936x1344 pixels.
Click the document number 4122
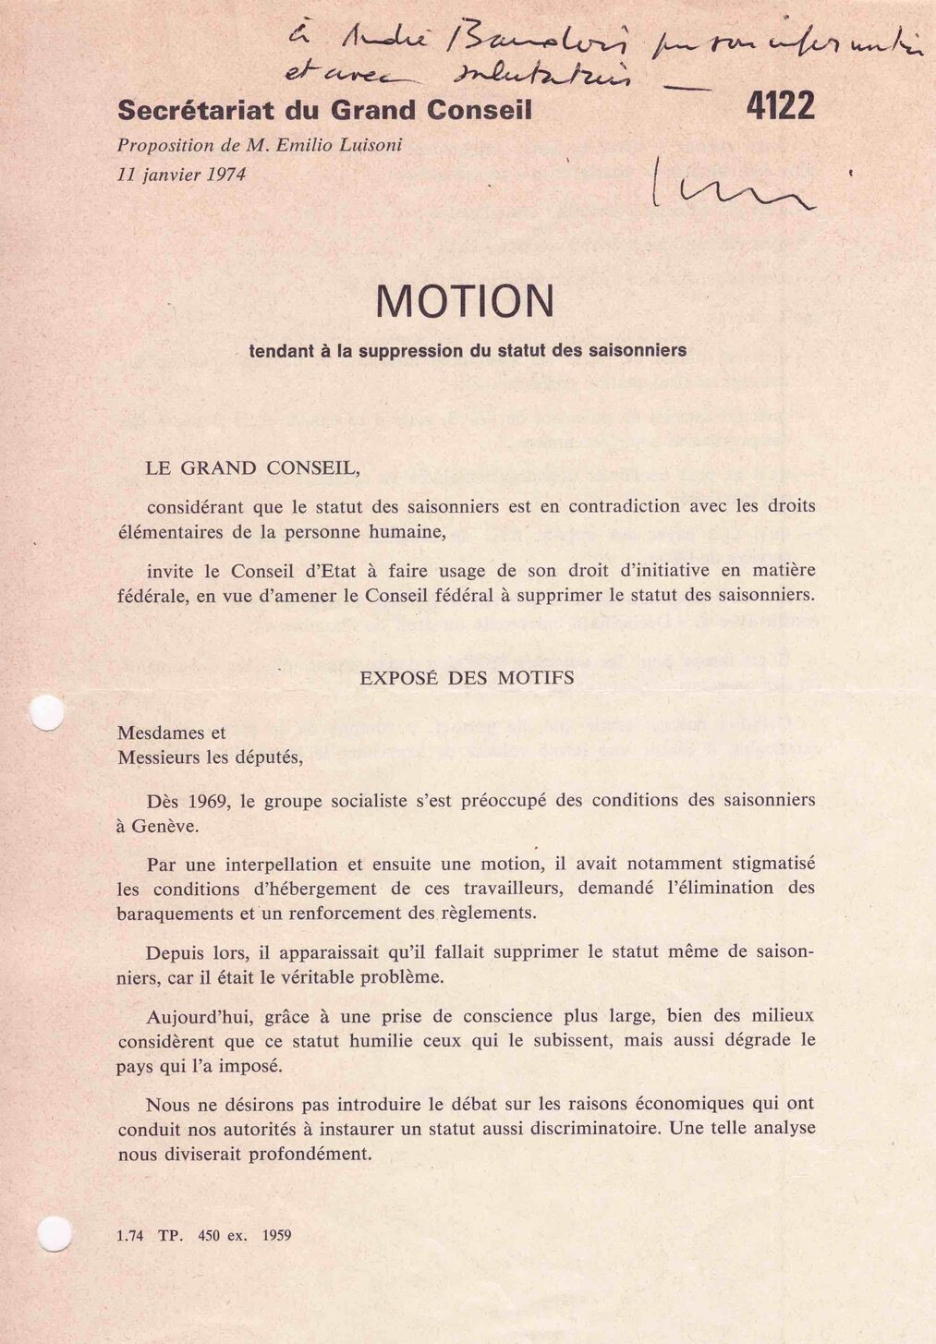[780, 107]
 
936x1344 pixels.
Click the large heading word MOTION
[465, 301]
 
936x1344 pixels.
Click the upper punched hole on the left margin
[46, 712]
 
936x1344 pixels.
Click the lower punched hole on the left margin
[55, 1232]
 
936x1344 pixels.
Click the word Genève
[164, 827]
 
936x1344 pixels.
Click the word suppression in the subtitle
[413, 351]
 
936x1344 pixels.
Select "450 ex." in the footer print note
[222, 1235]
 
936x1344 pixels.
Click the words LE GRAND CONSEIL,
[252, 468]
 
